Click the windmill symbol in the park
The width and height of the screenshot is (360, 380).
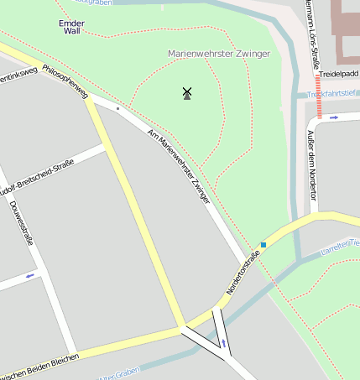coord(187,93)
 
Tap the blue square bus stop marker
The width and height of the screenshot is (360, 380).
coord(263,245)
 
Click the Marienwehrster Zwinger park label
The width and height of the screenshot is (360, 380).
coord(219,54)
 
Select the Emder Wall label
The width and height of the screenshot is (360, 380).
coord(71,26)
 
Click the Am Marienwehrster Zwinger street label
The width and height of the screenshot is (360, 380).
coord(178,167)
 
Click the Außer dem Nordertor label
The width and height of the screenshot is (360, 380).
coord(311,164)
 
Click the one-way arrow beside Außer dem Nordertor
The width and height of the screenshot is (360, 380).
coord(334,117)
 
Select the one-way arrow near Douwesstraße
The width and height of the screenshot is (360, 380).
coord(31,275)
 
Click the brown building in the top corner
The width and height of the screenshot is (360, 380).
coord(345,29)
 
